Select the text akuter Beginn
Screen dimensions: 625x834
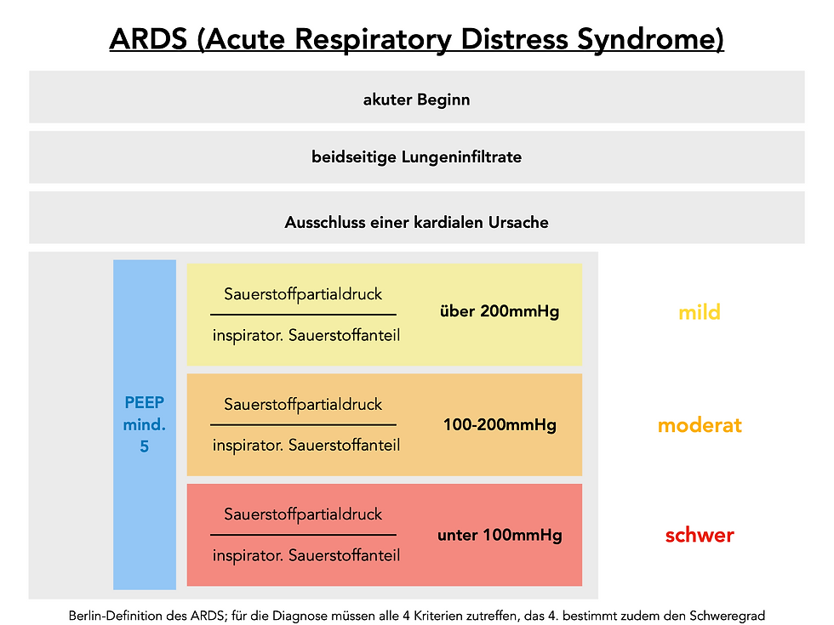[416, 99]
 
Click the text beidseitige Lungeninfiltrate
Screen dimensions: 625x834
[416, 157]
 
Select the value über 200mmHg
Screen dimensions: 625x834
[500, 311]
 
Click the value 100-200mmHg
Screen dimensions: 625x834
[500, 424]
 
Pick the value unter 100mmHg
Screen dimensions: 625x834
[500, 536]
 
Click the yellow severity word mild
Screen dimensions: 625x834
[700, 312]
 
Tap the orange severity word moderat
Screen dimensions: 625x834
[700, 425]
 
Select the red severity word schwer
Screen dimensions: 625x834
[700, 536]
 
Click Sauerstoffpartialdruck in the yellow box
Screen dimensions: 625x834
[303, 294]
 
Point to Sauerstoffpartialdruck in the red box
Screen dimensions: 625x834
[303, 514]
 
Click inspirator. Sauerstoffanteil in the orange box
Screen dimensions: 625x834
[306, 445]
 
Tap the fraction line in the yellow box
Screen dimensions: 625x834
[303, 315]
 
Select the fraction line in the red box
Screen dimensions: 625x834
[303, 535]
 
